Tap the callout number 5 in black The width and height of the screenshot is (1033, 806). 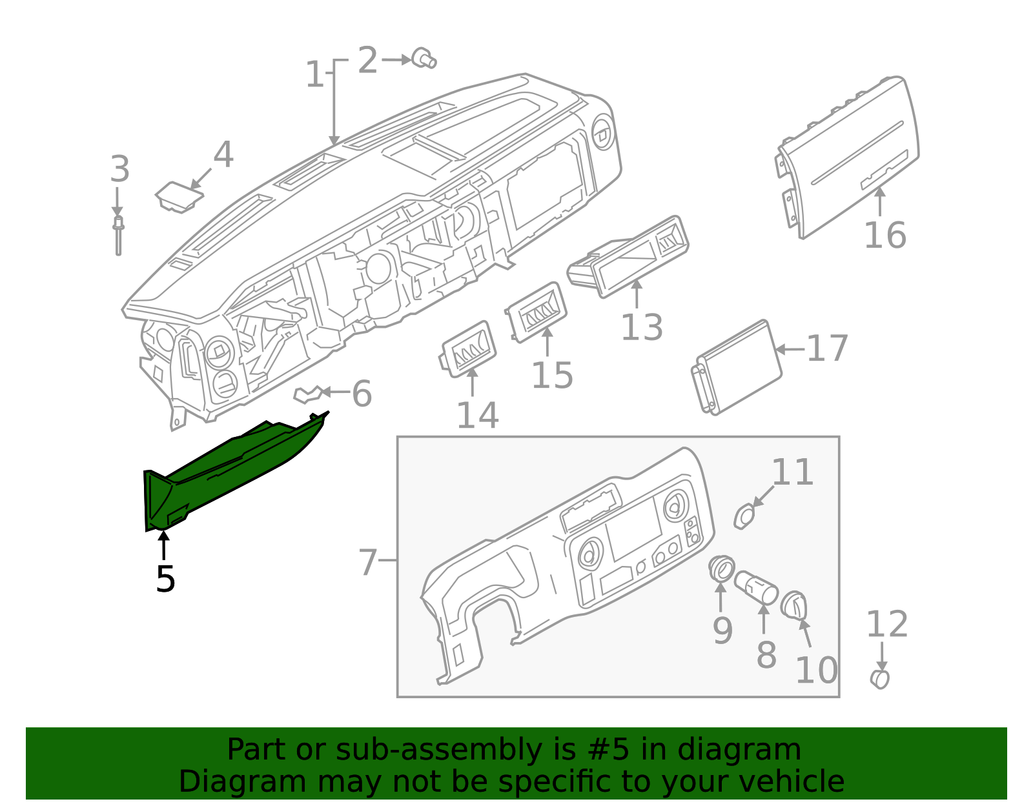point(165,579)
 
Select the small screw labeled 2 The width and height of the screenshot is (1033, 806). point(424,58)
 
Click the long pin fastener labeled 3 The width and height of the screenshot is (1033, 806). point(118,236)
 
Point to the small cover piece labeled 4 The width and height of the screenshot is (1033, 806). point(178,196)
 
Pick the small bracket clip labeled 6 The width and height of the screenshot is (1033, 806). point(308,394)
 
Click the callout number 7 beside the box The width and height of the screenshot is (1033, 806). point(367,562)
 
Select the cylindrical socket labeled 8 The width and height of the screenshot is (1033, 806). point(755,586)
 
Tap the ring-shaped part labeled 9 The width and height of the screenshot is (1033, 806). point(721,569)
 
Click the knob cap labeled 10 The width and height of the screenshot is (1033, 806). point(793,605)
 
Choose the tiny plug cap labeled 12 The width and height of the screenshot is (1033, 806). point(880,679)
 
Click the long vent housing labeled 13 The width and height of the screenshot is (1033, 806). point(629,256)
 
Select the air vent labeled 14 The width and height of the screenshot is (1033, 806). point(469,349)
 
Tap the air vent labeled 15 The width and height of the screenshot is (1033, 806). point(538,312)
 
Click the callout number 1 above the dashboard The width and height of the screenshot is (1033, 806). point(314,75)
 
